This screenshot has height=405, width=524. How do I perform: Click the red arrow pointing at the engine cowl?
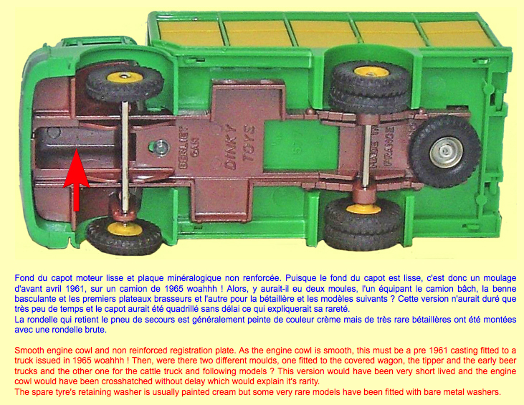point(76,181)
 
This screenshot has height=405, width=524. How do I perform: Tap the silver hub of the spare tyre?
point(446,153)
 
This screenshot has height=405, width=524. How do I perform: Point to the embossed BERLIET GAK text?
point(188,146)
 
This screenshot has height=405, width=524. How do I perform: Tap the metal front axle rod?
point(125,156)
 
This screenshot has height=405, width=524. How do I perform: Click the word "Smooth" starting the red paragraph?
point(28,351)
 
